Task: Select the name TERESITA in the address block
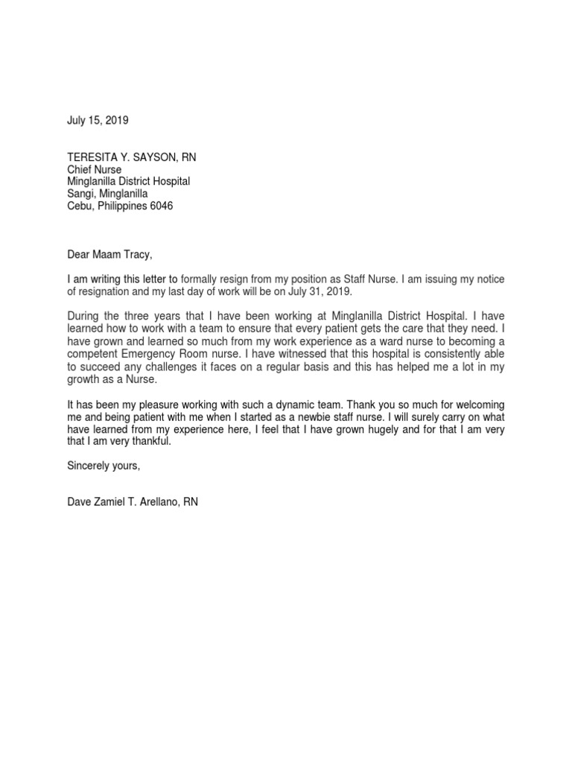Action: (92, 157)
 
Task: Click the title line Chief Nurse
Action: (94, 169)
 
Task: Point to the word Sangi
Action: (80, 194)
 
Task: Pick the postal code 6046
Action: (160, 206)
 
